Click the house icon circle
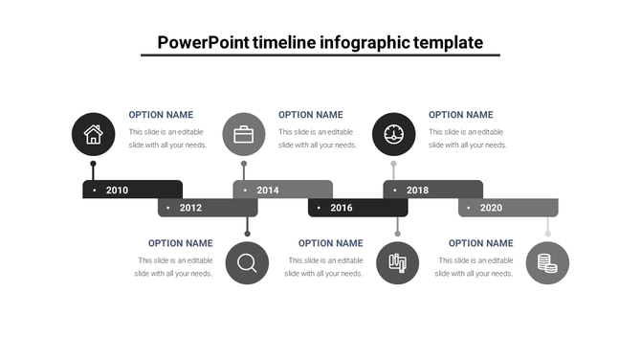click(93, 134)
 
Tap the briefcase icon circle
click(244, 134)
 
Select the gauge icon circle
click(394, 134)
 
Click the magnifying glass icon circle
click(247, 262)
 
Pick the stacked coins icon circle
click(547, 262)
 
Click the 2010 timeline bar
click(132, 190)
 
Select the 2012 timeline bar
click(207, 208)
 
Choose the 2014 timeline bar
click(282, 190)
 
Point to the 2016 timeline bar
click(357, 208)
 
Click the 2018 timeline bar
click(432, 190)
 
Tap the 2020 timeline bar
click(507, 208)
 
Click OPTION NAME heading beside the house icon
click(161, 115)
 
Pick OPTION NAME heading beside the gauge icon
click(460, 115)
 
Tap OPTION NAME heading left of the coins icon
click(480, 243)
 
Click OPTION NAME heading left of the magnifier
click(181, 243)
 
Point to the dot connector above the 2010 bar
click(93, 165)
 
